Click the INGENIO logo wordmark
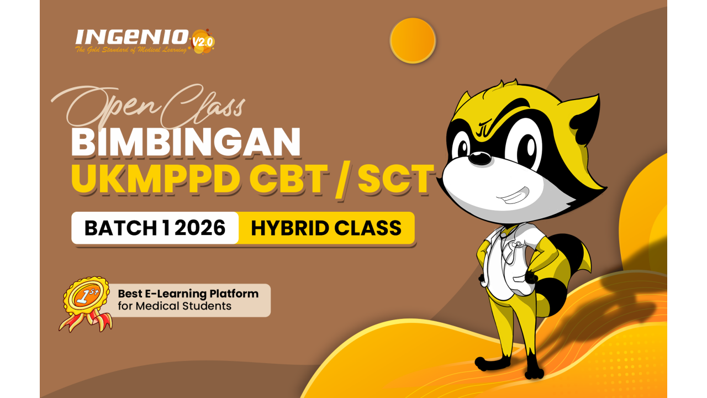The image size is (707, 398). coord(131,37)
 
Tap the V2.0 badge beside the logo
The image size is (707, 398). coord(203,41)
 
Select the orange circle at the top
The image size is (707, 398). coord(413,40)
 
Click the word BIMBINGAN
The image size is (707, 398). coord(186,143)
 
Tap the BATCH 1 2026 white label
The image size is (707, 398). coord(155,228)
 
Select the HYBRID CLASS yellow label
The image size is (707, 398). coord(326,228)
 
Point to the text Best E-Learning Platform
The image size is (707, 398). coord(188,294)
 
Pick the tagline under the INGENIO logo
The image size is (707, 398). coord(131,50)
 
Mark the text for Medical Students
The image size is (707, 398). coord(175,306)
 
